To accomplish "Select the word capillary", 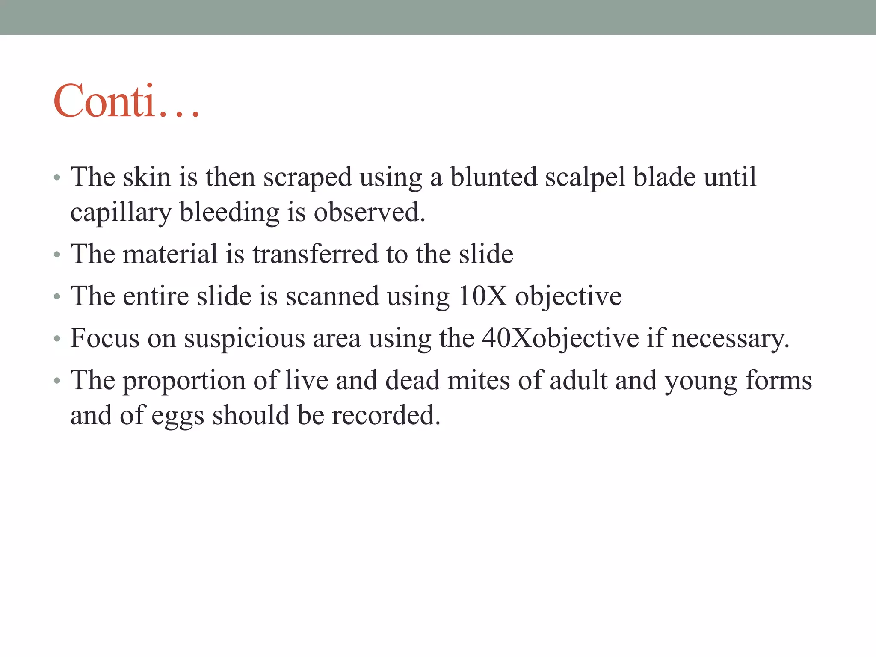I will (x=121, y=213).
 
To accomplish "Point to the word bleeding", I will (x=229, y=213).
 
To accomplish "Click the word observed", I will (x=370, y=212).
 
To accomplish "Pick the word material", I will (x=170, y=254).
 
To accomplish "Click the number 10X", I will (x=482, y=296).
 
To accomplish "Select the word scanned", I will (x=332, y=296).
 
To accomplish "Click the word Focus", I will (x=105, y=338).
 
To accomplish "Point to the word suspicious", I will (x=244, y=339).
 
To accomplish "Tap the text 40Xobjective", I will (x=560, y=339).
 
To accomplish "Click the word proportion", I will (x=184, y=381).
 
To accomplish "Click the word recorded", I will (x=386, y=415).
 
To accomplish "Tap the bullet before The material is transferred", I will (x=57, y=255).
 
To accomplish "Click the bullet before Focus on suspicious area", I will (x=57, y=339).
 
